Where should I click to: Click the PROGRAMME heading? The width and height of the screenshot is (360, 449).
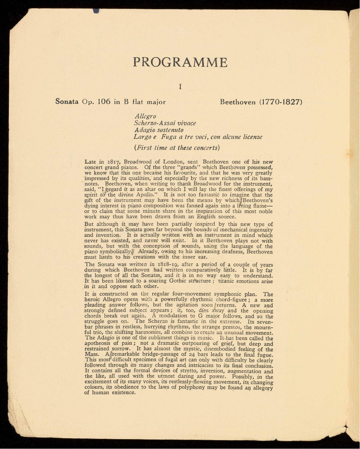180,62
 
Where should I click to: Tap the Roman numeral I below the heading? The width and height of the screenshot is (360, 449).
180,86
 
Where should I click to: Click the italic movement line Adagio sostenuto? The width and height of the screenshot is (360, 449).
159,130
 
